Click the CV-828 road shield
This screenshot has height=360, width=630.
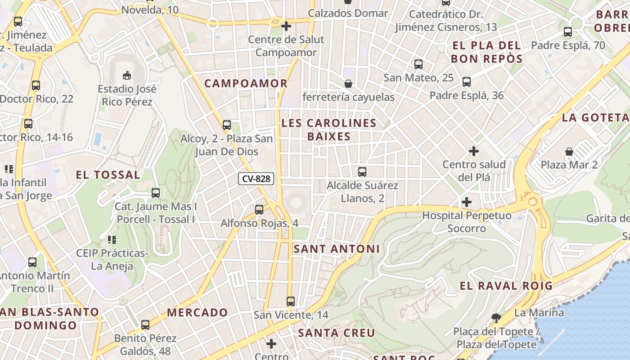pyautogui.click(x=256, y=179)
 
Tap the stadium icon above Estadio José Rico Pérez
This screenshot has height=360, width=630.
pyautogui.click(x=127, y=75)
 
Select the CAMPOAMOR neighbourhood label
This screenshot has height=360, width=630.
pyautogui.click(x=246, y=83)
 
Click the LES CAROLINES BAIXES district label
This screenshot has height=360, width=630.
pyautogui.click(x=329, y=130)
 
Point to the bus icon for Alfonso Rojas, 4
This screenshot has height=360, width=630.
pyautogui.click(x=259, y=209)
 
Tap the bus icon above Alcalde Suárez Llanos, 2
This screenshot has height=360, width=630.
pyautogui.click(x=362, y=171)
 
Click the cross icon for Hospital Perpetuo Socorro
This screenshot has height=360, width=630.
pyautogui.click(x=467, y=202)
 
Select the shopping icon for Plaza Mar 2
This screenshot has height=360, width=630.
pyautogui.click(x=569, y=151)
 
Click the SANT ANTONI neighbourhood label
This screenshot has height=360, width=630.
pyautogui.click(x=337, y=249)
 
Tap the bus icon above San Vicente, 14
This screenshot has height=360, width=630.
pyautogui.click(x=291, y=301)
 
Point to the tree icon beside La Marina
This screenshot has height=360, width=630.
pyautogui.click(x=496, y=318)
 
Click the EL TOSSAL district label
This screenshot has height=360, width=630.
pyautogui.click(x=108, y=175)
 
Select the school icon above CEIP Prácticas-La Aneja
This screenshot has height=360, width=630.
pyautogui.click(x=112, y=239)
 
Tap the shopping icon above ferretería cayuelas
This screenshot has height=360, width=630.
pyautogui.click(x=348, y=84)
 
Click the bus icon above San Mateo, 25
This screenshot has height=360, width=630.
pyautogui.click(x=418, y=64)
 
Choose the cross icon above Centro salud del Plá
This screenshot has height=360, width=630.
pyautogui.click(x=474, y=151)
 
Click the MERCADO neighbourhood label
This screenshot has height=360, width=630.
pyautogui.click(x=198, y=312)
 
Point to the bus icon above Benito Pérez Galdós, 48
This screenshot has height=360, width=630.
pyautogui.click(x=145, y=324)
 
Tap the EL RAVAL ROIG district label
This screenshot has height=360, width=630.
pyautogui.click(x=506, y=286)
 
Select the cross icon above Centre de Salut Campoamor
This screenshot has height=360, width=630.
pyautogui.click(x=286, y=26)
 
